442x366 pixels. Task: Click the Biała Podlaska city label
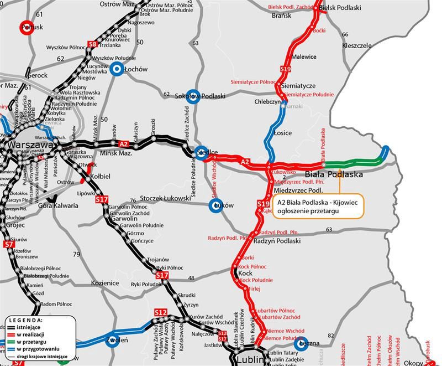pyautogui.click(x=334, y=174)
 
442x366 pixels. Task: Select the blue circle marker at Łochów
pyautogui.click(x=117, y=69)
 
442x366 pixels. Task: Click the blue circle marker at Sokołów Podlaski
pyautogui.click(x=192, y=95)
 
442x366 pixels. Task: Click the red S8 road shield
pyautogui.click(x=93, y=44)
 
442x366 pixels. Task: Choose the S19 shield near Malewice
pyautogui.click(x=285, y=69)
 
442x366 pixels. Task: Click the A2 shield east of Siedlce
pyautogui.click(x=245, y=161)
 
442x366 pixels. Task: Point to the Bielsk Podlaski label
pyautogui.click(x=341, y=7)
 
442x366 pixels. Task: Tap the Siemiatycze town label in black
pyautogui.click(x=298, y=86)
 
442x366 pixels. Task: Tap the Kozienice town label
pyautogui.click(x=105, y=283)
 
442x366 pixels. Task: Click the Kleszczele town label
pyautogui.click(x=357, y=45)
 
